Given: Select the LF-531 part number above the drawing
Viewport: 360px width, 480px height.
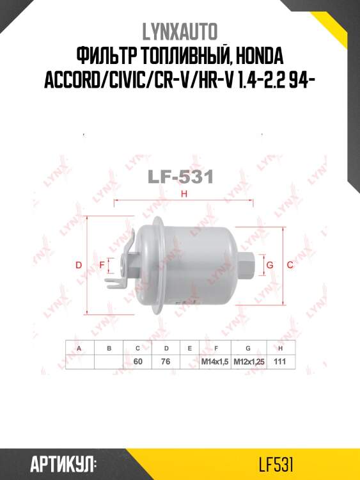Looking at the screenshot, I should tap(180, 177).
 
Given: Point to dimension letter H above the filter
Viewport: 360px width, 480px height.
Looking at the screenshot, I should tap(184, 195).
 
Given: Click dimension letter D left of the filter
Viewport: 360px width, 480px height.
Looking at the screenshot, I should tap(79, 265).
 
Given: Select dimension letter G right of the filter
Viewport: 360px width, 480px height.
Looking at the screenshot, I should tap(270, 265).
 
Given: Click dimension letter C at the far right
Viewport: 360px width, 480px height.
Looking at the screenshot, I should tap(290, 265).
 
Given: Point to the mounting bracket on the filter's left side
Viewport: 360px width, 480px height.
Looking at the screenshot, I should tap(125, 262).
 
